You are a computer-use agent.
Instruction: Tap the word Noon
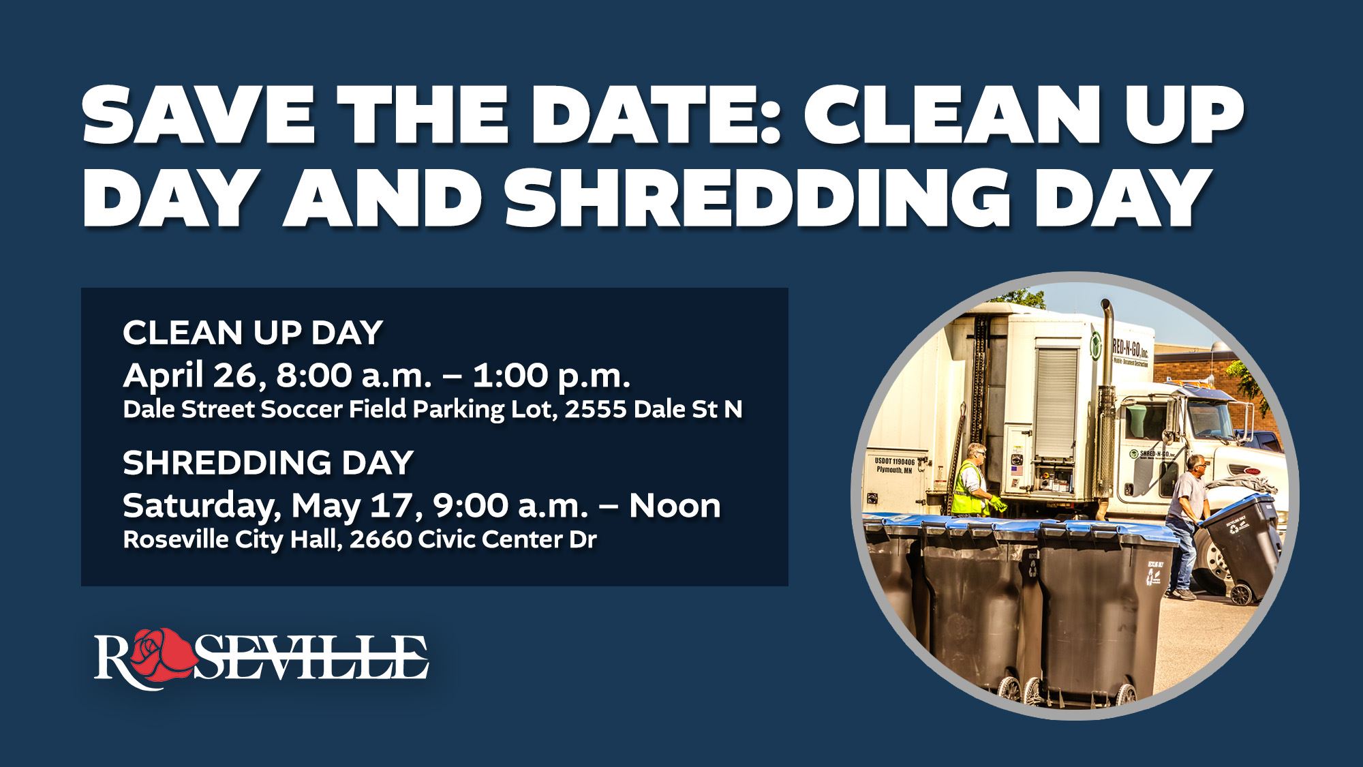point(674,506)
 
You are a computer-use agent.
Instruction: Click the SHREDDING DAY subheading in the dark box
point(268,463)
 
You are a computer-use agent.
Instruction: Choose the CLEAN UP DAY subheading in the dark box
point(252,333)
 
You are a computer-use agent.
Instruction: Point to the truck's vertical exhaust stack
point(1105,402)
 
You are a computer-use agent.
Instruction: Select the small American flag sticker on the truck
point(1018,470)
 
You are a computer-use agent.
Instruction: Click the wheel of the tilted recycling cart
point(1242,595)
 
